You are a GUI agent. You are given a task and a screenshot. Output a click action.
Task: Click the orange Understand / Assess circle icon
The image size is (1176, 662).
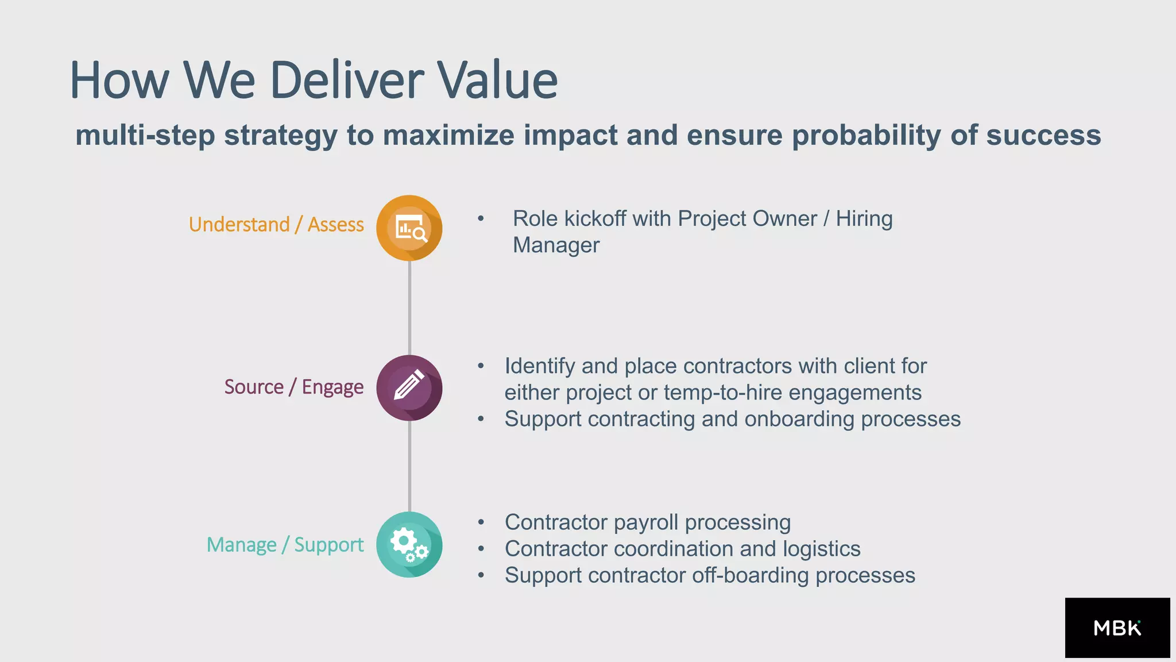(409, 228)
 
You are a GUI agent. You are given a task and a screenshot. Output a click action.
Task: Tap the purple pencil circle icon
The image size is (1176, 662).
(409, 388)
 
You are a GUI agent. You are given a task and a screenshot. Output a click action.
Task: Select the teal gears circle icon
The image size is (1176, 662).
(409, 545)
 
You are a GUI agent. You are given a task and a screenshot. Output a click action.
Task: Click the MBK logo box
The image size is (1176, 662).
(1117, 628)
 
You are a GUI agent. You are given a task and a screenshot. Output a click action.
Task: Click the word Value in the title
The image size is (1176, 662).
(497, 80)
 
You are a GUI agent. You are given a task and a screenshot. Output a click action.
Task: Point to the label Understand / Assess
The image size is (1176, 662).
(276, 224)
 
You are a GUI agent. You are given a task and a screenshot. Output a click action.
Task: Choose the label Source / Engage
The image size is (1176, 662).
(293, 387)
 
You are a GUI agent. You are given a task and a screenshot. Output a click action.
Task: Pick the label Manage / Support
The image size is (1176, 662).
(285, 544)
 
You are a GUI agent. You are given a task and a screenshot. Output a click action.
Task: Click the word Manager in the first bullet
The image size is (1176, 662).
(556, 245)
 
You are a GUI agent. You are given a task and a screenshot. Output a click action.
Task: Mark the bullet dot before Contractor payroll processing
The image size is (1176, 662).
(481, 522)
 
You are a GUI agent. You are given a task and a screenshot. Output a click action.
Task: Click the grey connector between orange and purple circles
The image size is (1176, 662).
(409, 307)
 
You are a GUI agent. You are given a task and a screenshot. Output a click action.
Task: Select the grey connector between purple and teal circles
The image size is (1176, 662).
(409, 465)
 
